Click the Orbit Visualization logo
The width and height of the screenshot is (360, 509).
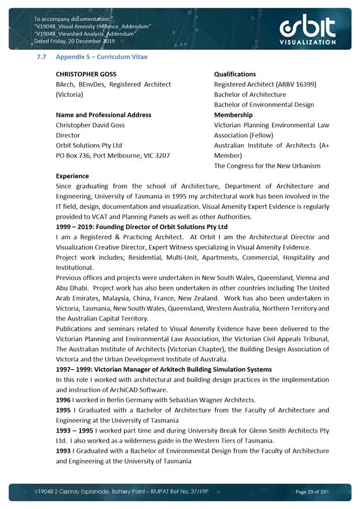pos(307,29)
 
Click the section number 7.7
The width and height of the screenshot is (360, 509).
pos(42,57)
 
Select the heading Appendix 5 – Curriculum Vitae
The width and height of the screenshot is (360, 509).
pos(101,57)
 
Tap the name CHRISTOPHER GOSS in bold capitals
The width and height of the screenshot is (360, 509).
pos(86,74)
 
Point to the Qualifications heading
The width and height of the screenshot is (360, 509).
pos(234,74)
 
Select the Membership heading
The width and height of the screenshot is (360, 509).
pos(233,115)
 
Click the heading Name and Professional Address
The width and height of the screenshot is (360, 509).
pos(104,115)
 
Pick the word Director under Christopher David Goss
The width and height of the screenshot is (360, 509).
pos(68,135)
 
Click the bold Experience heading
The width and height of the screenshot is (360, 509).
pos(72,176)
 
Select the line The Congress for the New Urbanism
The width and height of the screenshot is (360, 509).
pos(267,166)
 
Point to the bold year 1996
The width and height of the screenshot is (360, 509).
pos(63,400)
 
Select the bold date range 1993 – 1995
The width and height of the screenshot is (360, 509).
pos(75,430)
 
